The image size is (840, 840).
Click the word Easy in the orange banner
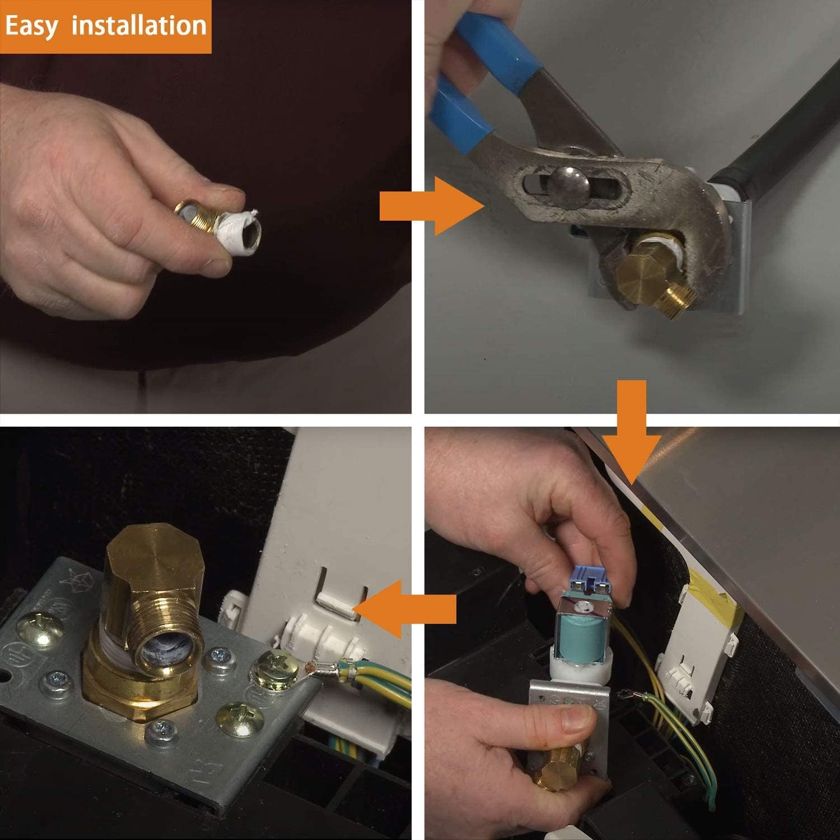coord(31,26)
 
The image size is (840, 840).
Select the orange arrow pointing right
coord(432,207)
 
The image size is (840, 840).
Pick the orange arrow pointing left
coord(404,609)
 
